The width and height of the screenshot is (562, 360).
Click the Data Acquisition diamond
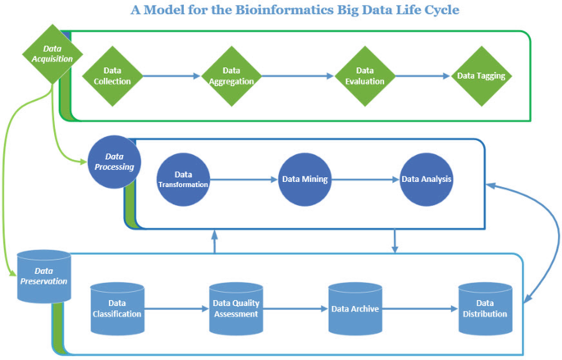(x=53, y=54)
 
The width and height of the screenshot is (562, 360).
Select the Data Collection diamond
(x=112, y=76)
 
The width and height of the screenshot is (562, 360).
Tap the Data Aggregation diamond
(x=231, y=76)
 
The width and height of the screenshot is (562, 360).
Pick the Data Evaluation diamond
(x=365, y=76)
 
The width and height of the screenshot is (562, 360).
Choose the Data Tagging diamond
(x=481, y=76)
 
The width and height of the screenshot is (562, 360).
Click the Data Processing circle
(x=114, y=162)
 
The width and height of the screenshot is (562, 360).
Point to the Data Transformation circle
(x=183, y=180)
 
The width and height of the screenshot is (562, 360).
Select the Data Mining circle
(x=305, y=180)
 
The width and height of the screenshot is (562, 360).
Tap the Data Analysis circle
(x=427, y=180)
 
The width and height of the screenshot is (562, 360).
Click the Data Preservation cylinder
(x=44, y=276)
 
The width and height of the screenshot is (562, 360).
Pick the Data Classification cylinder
(x=117, y=309)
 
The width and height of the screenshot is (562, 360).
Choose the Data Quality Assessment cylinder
(x=236, y=309)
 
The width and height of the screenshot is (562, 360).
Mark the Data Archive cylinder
(x=355, y=309)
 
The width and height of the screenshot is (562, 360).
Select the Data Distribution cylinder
(x=486, y=309)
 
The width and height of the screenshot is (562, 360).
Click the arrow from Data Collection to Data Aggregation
(x=171, y=76)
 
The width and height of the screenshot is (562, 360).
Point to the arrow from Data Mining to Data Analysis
(x=366, y=180)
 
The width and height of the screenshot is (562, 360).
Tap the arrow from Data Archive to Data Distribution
(x=420, y=309)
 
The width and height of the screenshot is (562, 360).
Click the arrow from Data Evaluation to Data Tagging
(x=423, y=76)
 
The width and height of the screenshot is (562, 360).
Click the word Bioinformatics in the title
(x=284, y=10)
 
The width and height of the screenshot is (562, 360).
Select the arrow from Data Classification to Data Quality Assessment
(x=176, y=309)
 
